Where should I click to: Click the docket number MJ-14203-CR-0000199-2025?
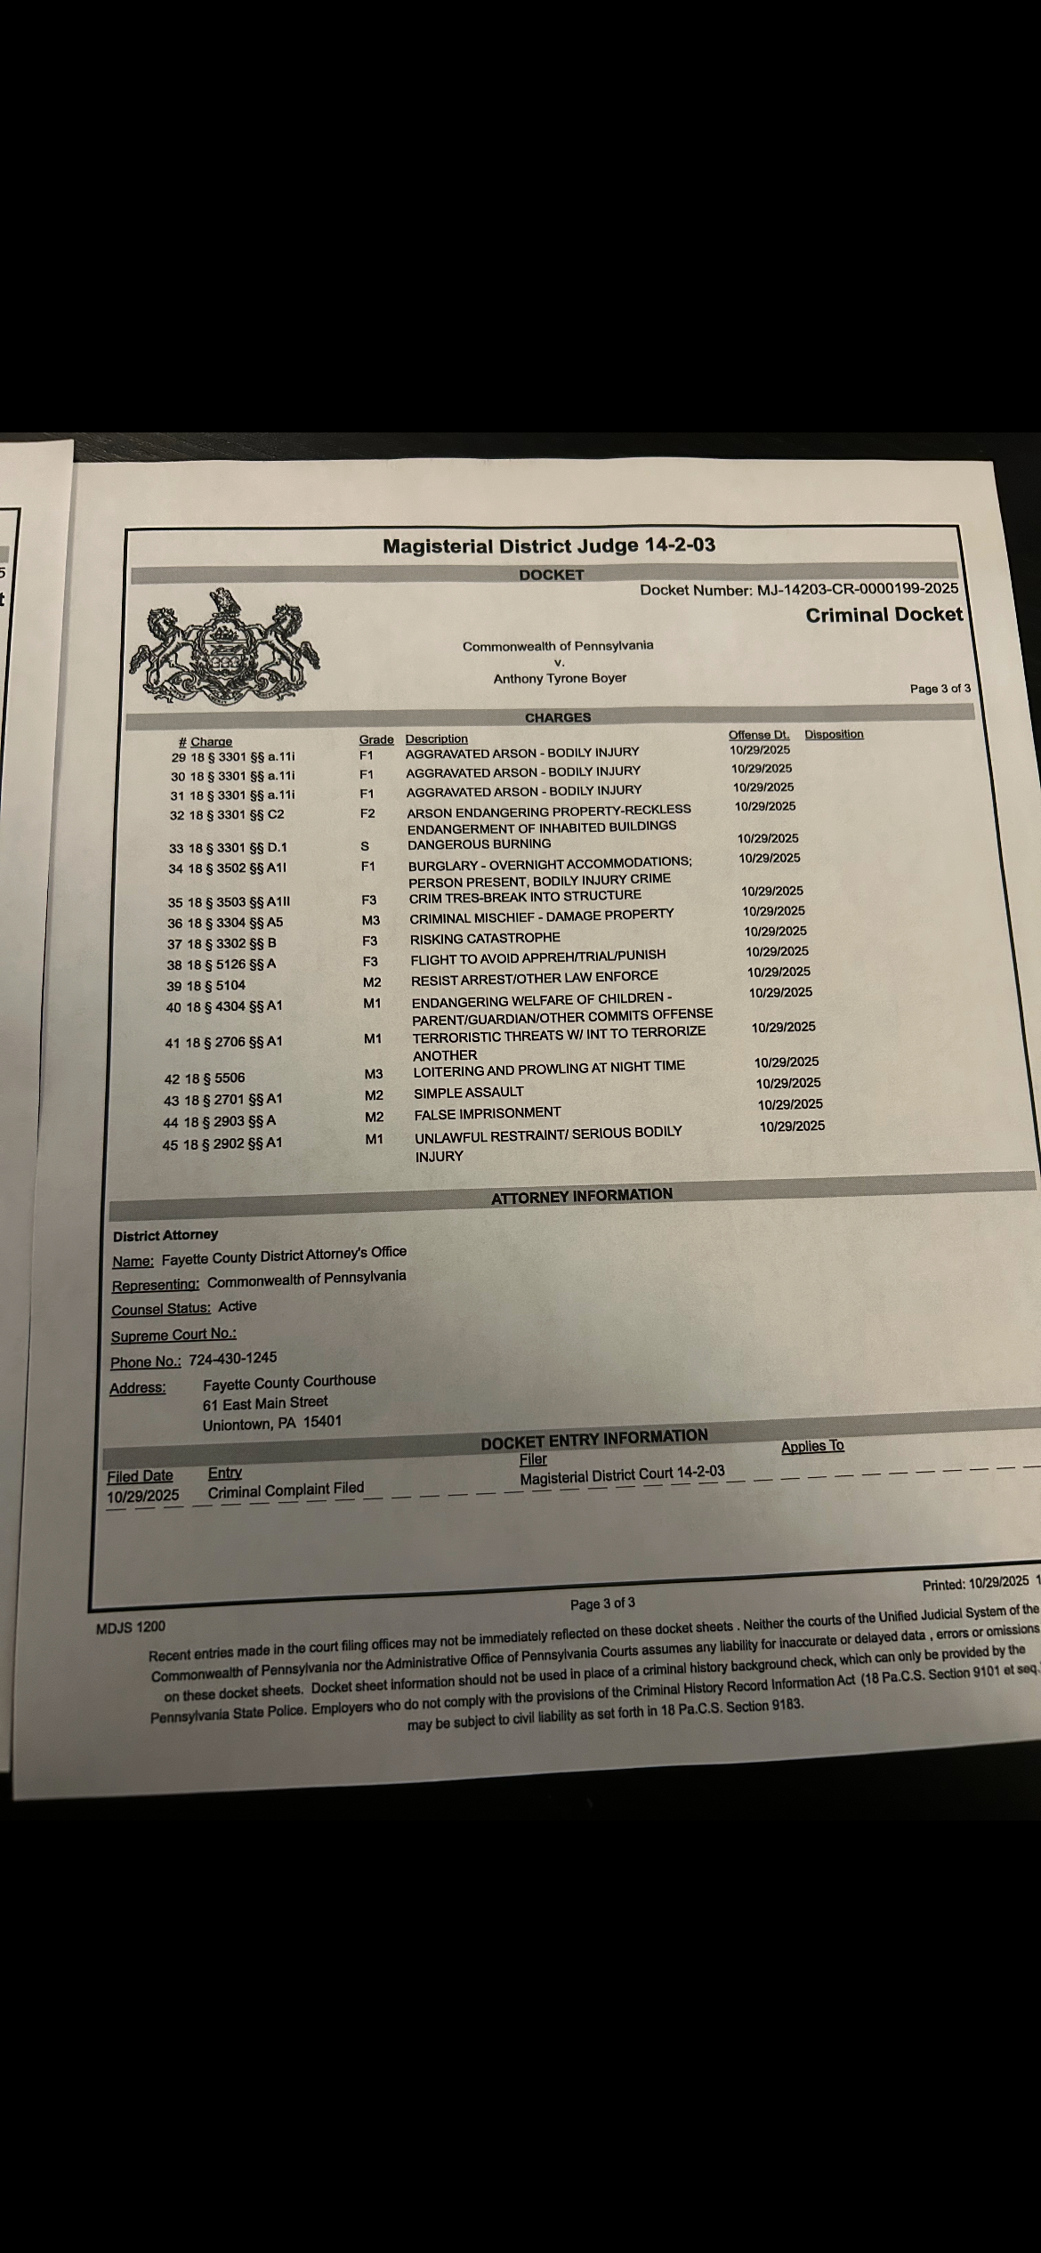[x=857, y=589]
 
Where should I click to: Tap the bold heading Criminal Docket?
[x=884, y=615]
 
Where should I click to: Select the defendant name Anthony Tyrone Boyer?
[x=560, y=678]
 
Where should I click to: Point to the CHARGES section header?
[x=557, y=717]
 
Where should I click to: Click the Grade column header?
[x=375, y=739]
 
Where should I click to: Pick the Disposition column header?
[x=834, y=734]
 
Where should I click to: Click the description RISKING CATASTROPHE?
[x=485, y=938]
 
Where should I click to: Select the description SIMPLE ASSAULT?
[x=469, y=1093]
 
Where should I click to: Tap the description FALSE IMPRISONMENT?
[x=488, y=1113]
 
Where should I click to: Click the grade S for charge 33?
[x=364, y=846]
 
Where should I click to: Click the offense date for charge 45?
[x=792, y=1126]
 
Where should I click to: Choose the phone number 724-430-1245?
[x=232, y=1359]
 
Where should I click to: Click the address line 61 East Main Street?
[x=265, y=1403]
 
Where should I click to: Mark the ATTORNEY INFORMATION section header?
[x=582, y=1196]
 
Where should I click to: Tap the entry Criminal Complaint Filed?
[x=286, y=1490]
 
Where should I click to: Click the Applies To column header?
[x=811, y=1447]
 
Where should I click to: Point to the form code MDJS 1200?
[x=130, y=1627]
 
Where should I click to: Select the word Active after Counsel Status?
[x=238, y=1306]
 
